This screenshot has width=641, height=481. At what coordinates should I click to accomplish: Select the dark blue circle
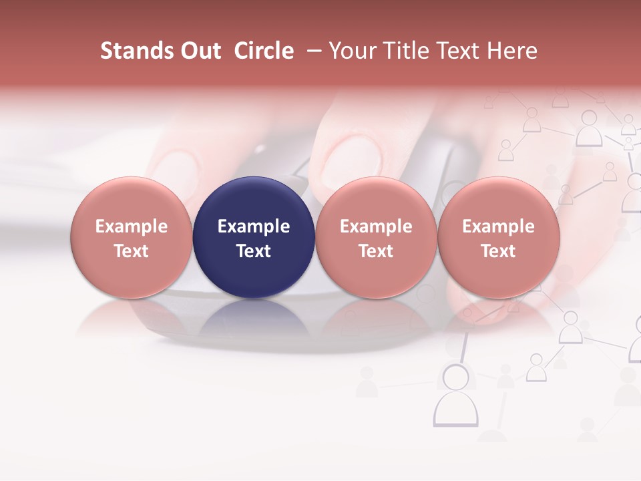(x=254, y=238)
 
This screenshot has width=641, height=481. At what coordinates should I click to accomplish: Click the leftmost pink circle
(x=132, y=238)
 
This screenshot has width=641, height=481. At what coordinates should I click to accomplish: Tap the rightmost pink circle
(x=498, y=238)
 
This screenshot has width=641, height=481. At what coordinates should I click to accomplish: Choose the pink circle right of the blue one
(x=376, y=238)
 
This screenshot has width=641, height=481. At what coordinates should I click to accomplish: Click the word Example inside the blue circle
(x=254, y=226)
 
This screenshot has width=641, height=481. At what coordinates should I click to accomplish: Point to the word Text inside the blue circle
(x=254, y=251)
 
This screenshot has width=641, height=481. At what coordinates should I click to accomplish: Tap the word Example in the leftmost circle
(x=132, y=226)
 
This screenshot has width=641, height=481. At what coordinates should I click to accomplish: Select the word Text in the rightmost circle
(x=498, y=251)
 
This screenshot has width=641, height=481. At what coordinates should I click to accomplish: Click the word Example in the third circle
(x=376, y=226)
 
